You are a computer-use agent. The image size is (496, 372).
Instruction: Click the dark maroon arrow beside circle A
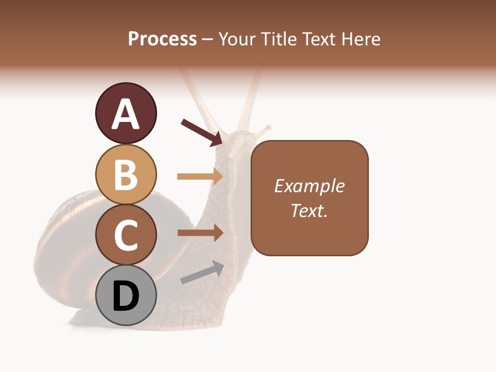(x=202, y=133)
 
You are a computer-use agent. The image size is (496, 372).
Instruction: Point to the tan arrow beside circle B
(x=199, y=177)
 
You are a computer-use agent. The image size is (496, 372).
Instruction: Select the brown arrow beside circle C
(x=200, y=233)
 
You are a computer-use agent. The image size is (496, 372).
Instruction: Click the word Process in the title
(x=162, y=39)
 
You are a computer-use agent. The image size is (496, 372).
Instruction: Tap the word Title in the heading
(x=277, y=39)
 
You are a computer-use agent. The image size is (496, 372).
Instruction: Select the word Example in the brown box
(x=309, y=186)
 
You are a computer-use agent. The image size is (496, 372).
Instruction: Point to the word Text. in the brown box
(x=309, y=210)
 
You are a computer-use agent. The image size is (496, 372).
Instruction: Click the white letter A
(x=126, y=114)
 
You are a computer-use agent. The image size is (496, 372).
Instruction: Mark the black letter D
(x=126, y=297)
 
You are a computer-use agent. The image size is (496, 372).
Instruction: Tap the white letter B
(x=126, y=175)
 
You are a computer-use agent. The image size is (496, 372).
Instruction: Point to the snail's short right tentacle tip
(x=268, y=127)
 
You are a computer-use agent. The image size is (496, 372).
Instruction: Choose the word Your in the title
(x=236, y=39)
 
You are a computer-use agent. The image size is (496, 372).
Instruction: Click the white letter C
(x=126, y=235)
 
